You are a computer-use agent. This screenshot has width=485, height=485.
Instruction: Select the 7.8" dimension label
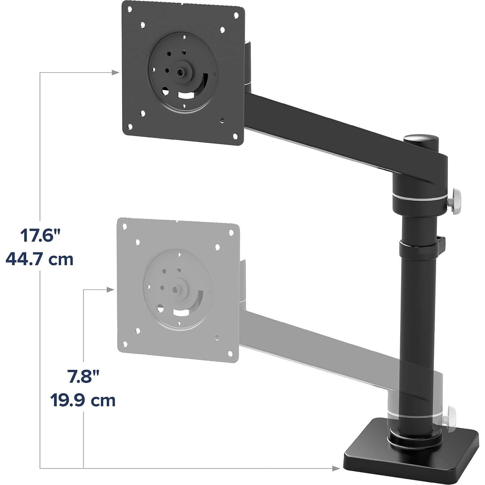click(83, 377)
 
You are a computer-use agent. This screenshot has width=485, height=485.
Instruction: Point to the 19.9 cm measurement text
click(83, 400)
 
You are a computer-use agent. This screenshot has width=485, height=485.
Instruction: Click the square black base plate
click(411, 453)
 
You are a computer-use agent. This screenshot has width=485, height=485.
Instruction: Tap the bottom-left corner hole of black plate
click(130, 127)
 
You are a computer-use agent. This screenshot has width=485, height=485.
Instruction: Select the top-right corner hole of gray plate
click(231, 232)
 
